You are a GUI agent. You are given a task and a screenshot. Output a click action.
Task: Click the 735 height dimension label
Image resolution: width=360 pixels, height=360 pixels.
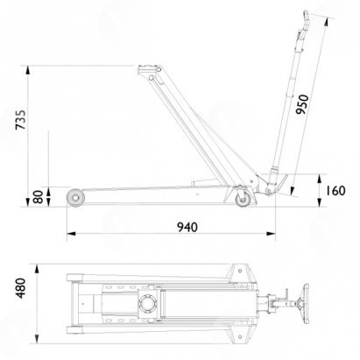click(x=21, y=120)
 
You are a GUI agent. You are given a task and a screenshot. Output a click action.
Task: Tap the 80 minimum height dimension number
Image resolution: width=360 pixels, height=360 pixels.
click(x=39, y=197)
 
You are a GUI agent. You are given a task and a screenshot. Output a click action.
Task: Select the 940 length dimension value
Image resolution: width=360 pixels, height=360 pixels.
click(x=187, y=227)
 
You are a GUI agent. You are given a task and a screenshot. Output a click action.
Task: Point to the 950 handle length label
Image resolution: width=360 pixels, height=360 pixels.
click(x=302, y=104)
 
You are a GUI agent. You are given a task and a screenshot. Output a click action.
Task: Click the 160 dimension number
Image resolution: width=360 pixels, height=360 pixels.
click(x=335, y=191)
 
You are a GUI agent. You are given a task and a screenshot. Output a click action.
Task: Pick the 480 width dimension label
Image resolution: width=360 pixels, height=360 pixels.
click(x=21, y=288)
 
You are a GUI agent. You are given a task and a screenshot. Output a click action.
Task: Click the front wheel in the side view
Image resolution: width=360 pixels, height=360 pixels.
click(x=75, y=198)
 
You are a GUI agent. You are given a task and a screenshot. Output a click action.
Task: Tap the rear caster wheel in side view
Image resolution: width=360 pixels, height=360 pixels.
click(x=243, y=200)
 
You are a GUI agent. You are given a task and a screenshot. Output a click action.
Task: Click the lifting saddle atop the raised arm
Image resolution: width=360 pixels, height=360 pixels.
click(x=150, y=69)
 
